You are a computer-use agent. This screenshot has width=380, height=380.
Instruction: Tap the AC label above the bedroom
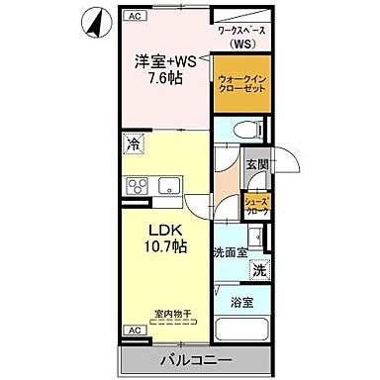(136, 17)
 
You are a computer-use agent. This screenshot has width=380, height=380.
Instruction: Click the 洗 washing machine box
(258, 270)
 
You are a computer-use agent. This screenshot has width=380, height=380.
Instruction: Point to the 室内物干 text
(162, 314)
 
